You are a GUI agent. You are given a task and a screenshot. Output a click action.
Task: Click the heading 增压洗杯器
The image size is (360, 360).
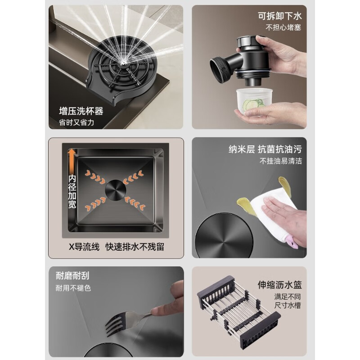click(x=81, y=111)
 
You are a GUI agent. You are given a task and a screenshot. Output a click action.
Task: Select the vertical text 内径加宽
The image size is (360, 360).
click(x=72, y=191)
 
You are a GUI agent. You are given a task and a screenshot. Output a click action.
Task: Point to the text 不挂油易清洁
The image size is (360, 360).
click(x=280, y=162)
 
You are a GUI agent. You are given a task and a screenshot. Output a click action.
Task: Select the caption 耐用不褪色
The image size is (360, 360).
click(x=73, y=288)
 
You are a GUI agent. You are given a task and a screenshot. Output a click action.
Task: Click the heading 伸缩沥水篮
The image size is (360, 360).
click(x=280, y=284)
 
